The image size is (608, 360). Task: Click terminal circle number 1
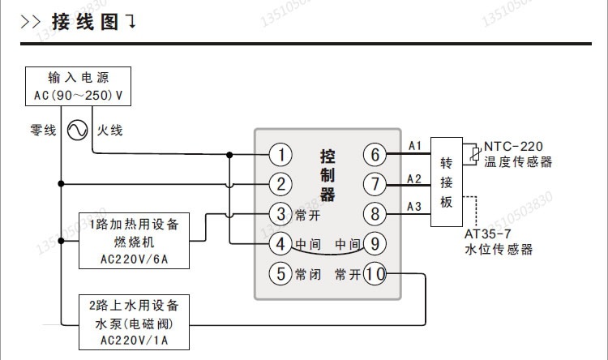coord(280,154)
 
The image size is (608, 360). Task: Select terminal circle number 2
coord(280,184)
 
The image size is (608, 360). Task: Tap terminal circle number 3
coord(280,214)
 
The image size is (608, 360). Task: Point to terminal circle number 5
coord(280,273)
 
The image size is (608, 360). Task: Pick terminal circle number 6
coord(375,154)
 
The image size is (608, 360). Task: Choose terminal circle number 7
coord(375,184)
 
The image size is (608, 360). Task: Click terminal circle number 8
coord(375,214)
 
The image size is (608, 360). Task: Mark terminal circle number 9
coord(375,243)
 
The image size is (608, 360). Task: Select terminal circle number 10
coord(375,273)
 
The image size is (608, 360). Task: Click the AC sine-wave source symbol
coord(78,130)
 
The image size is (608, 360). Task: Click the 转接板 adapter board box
coord(447,181)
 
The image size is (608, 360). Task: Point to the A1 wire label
coord(414,146)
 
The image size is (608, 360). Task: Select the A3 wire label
coord(414,206)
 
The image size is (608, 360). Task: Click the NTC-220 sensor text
coord(514,147)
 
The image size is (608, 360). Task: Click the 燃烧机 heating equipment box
coord(135,241)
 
